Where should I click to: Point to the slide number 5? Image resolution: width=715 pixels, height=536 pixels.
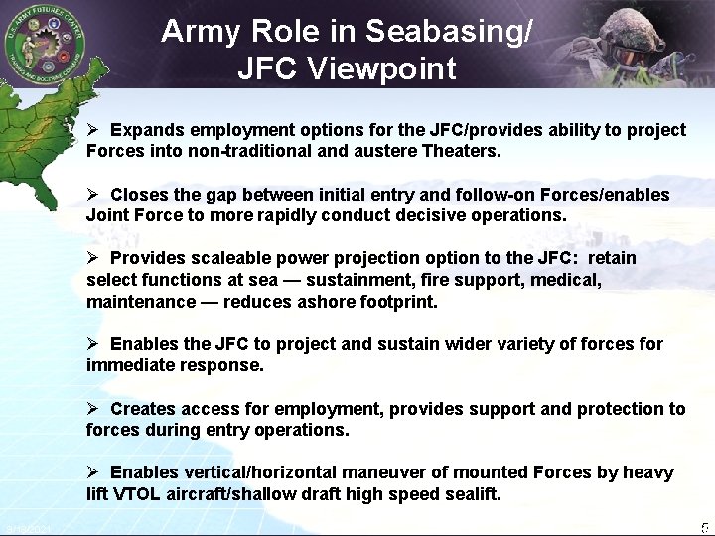tap(704, 527)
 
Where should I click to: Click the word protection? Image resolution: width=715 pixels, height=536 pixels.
tap(622, 409)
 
